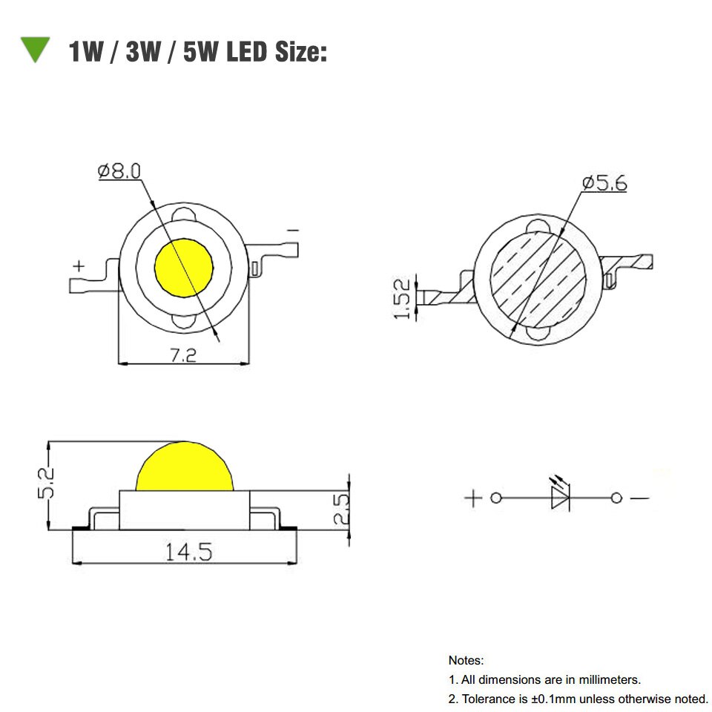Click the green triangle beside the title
click(34, 49)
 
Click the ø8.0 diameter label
click(119, 172)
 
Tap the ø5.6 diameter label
click(604, 182)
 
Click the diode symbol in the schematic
click(559, 497)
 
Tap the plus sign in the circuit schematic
click(472, 498)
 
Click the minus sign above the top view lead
click(292, 231)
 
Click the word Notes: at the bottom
click(466, 659)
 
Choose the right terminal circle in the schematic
click(616, 498)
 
